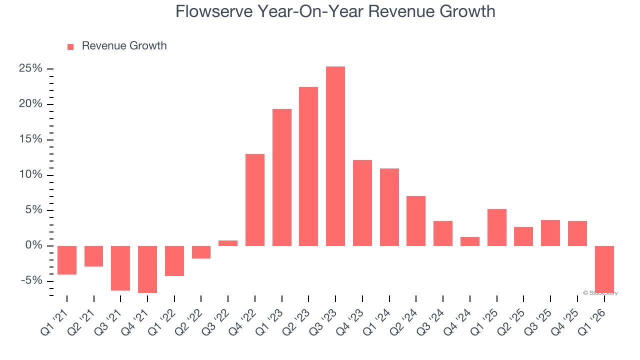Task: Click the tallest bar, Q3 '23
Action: point(335,156)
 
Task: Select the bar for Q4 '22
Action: point(254,200)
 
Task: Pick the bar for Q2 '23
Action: point(308,166)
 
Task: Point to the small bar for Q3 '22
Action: point(228,243)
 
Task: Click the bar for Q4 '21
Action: point(147,269)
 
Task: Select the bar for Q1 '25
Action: point(496,227)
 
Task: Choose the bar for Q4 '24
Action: point(469,241)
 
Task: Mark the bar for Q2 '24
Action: point(416,220)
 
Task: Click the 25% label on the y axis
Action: point(30,68)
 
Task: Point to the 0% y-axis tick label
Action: point(33,245)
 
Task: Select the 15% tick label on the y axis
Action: point(30,139)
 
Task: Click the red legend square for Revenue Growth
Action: point(70,46)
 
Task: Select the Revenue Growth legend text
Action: point(124,46)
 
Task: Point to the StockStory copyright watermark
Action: point(600,293)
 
